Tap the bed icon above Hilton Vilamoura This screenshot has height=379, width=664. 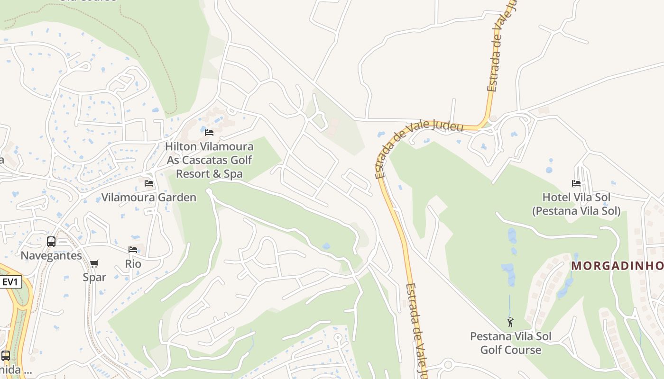coord(209,133)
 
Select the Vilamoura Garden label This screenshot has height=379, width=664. coord(149,198)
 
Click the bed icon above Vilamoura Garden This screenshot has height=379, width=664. coord(149,183)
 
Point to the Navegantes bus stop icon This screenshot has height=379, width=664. coord(51,242)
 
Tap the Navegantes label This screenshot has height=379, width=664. coord(51,256)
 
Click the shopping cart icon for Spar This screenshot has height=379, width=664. coord(94,263)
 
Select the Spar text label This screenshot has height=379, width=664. coord(94,277)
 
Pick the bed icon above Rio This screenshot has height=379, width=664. coord(133,250)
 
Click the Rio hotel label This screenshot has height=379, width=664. coord(133,263)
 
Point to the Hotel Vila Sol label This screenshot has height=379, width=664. coord(576,204)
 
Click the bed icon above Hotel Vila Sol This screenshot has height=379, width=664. coord(576,183)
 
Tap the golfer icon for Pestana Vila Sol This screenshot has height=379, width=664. coord(510,323)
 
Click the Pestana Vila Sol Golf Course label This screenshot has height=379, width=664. coord(511,343)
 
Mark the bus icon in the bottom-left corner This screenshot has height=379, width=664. coord(6,355)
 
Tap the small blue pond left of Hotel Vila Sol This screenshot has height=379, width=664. coord(549,169)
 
